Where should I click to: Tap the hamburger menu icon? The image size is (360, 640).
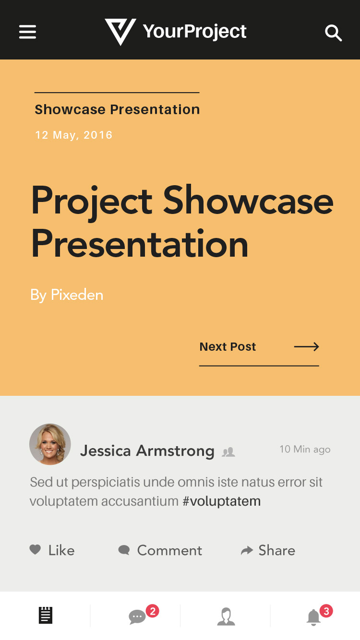(x=27, y=32)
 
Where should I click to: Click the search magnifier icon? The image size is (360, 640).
(x=334, y=33)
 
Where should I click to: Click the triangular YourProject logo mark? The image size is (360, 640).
(x=120, y=32)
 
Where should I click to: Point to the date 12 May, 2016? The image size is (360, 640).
(x=73, y=135)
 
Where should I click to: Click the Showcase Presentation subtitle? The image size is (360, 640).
(x=117, y=109)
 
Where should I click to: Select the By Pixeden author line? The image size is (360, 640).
(x=67, y=295)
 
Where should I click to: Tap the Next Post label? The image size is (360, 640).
(x=228, y=346)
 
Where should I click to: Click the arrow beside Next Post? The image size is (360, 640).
(x=307, y=346)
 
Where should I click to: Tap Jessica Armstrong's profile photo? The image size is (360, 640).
(x=50, y=444)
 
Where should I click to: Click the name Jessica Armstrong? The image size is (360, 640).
(x=147, y=451)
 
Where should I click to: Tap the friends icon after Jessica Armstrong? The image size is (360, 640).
(x=228, y=452)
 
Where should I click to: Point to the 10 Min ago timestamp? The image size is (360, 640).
(x=305, y=449)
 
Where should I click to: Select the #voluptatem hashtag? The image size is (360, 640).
(x=222, y=501)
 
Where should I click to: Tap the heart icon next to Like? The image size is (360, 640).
(x=35, y=549)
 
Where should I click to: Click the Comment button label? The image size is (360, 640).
(x=169, y=550)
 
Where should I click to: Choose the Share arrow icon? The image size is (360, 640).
(x=247, y=550)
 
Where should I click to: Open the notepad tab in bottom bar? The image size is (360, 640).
(x=46, y=615)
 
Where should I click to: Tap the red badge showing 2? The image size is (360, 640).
(x=153, y=611)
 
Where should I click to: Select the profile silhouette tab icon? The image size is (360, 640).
(x=226, y=616)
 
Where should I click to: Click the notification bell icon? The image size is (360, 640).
(x=313, y=617)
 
